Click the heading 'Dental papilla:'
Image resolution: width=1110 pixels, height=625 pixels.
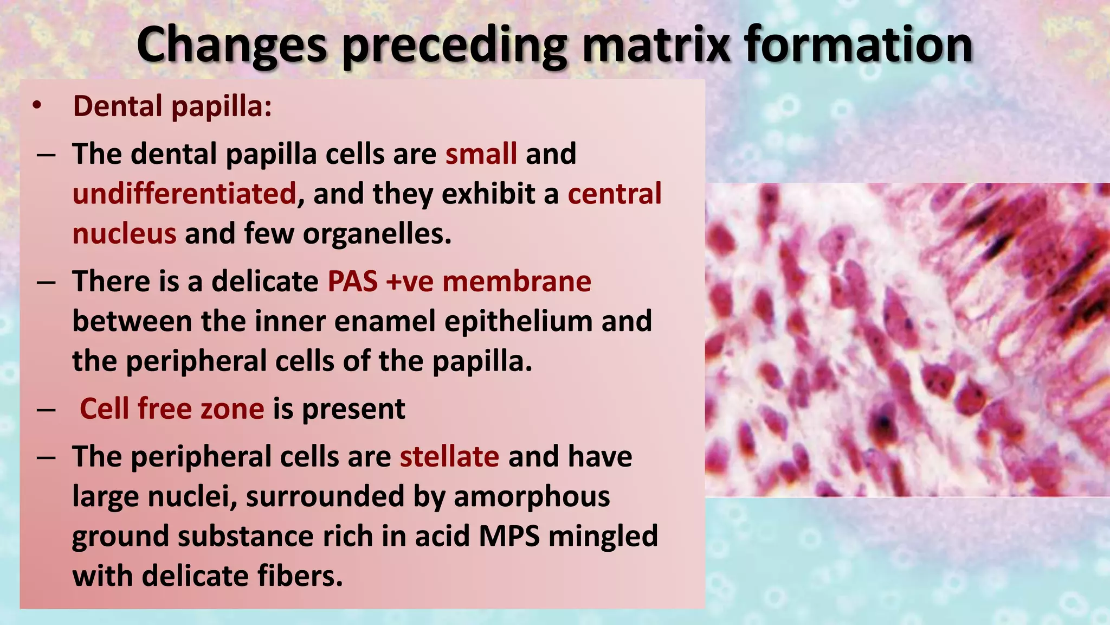[x=172, y=106]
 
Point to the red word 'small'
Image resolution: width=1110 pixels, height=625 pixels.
[x=481, y=154]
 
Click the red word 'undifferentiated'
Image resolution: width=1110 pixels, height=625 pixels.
[x=184, y=194]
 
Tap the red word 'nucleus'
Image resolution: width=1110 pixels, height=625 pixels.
[x=124, y=234]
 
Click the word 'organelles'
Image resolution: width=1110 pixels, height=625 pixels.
[x=376, y=234]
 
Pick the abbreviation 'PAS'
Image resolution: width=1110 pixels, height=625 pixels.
[x=352, y=282]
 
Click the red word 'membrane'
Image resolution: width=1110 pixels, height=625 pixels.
[x=517, y=282]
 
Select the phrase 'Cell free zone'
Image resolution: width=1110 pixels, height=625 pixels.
[x=172, y=409]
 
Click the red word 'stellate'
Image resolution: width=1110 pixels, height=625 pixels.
[x=449, y=456]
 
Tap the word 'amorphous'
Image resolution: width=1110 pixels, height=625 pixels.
[x=532, y=496]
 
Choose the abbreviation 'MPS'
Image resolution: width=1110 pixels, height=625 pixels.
[x=509, y=536]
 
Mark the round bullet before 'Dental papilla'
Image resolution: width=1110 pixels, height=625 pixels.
[x=36, y=106]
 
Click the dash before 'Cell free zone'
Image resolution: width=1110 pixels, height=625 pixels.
[x=46, y=410]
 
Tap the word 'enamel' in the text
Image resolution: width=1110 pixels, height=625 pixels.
[x=385, y=321]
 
